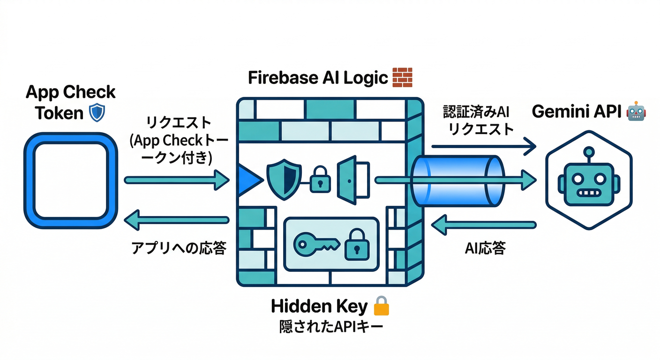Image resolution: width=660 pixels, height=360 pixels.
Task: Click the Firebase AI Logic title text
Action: [318, 78]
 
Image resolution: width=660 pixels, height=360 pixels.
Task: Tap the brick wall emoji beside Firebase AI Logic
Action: [402, 77]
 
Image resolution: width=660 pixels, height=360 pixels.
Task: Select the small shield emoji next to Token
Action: [97, 112]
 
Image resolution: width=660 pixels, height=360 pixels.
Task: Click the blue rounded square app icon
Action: [71, 180]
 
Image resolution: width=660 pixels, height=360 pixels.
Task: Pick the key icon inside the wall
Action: [315, 243]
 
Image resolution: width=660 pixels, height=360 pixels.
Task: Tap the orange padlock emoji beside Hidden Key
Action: [381, 307]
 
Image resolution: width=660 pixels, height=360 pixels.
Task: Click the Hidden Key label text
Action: [319, 307]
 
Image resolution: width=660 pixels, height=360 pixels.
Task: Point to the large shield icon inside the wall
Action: [284, 180]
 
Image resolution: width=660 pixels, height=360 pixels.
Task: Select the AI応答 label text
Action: [485, 248]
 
